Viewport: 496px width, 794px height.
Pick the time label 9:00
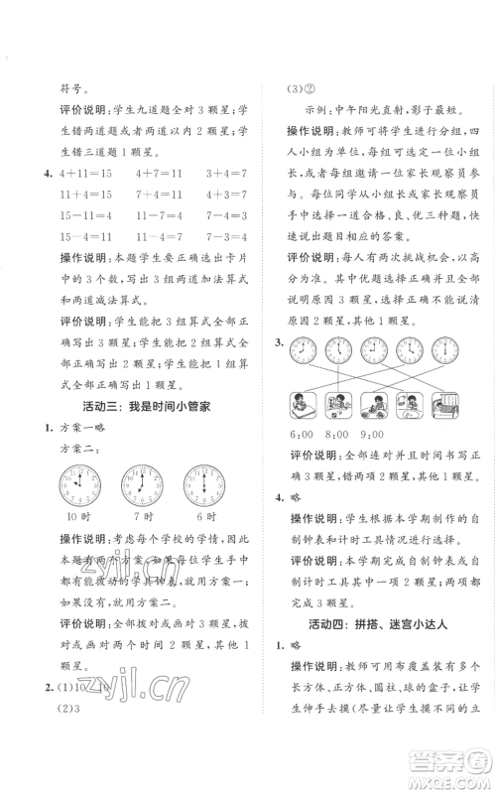click(x=372, y=434)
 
